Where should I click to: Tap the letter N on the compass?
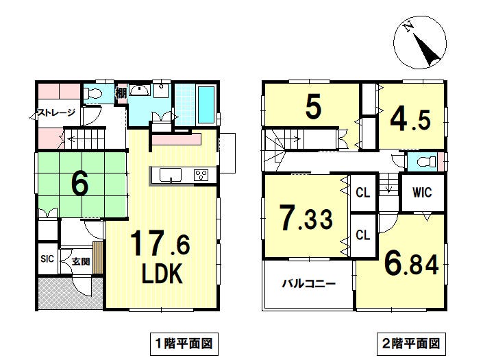[x=409, y=27]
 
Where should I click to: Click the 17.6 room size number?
[x=160, y=244]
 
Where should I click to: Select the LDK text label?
[x=162, y=274]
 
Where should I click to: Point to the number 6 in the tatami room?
[x=79, y=183]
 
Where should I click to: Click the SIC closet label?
[x=47, y=259]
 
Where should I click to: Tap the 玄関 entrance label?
[x=81, y=262]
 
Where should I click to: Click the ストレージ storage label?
[x=55, y=112]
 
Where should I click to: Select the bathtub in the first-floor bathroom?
[x=206, y=104]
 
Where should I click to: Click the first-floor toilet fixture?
[x=92, y=93]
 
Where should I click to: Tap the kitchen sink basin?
[x=171, y=176]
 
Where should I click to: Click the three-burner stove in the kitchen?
[x=201, y=176]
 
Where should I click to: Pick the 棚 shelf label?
[x=121, y=93]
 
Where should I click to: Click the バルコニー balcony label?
[x=309, y=283]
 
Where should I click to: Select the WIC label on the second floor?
[x=422, y=193]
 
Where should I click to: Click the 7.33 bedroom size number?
[x=306, y=218]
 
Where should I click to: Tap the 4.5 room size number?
[x=410, y=120]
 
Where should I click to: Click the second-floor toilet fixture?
[x=425, y=162]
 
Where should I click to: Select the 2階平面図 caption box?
[x=411, y=344]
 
